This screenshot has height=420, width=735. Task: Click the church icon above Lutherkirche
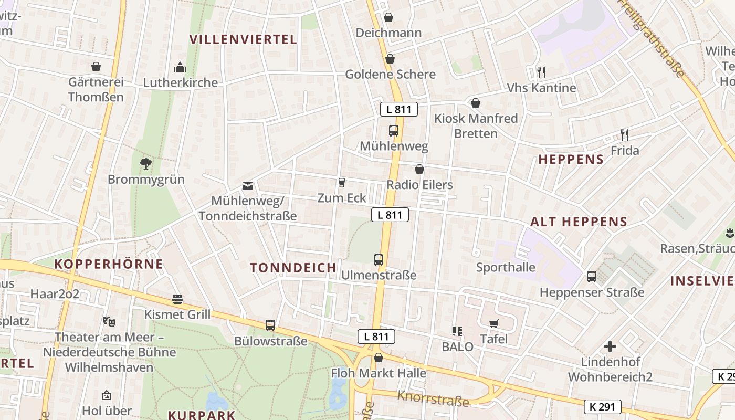180,67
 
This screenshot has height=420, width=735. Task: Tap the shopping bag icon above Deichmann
388,17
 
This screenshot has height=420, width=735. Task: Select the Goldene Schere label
391,74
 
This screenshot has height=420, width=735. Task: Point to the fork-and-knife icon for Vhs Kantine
541,72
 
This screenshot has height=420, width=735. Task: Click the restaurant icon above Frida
625,135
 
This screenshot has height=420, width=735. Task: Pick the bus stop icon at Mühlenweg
394,131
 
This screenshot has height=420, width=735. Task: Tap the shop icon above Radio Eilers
419,169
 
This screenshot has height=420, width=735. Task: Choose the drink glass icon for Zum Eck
342,182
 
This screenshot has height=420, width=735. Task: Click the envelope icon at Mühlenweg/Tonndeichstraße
247,186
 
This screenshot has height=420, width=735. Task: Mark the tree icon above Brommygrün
146,164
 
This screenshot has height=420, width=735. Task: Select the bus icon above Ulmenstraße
379,259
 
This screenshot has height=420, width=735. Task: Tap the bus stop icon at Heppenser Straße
592,276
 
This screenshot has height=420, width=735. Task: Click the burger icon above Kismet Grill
177,299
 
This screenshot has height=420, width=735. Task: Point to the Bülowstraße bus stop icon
270,325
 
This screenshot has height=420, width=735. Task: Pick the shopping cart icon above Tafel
493,323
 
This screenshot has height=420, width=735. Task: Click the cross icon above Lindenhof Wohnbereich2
610,346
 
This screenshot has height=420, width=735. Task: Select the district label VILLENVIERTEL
243,39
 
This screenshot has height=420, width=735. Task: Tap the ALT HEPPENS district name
579,222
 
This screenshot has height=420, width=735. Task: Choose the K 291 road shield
603,406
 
